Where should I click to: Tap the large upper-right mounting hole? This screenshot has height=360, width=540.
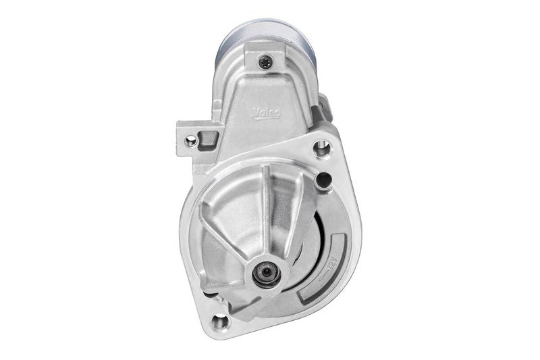tap(322, 147)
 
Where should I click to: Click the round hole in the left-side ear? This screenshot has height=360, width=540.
tap(192, 141)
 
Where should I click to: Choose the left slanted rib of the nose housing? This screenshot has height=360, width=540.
tap(226, 230)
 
